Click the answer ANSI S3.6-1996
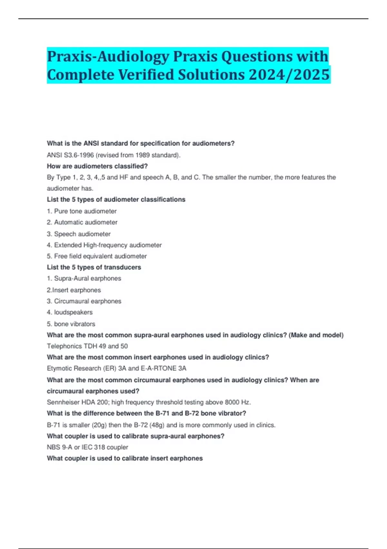[x=70, y=155]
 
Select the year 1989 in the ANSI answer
[x=143, y=155]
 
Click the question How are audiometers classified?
[x=97, y=166]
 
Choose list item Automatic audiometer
[x=85, y=222]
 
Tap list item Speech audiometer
[x=82, y=234]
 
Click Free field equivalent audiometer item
[x=100, y=256]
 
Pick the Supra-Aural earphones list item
[x=87, y=278]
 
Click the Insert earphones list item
[x=76, y=290]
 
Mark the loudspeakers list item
[x=73, y=312]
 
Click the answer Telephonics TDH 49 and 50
[x=87, y=346]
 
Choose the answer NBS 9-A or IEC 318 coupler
[x=87, y=447]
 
